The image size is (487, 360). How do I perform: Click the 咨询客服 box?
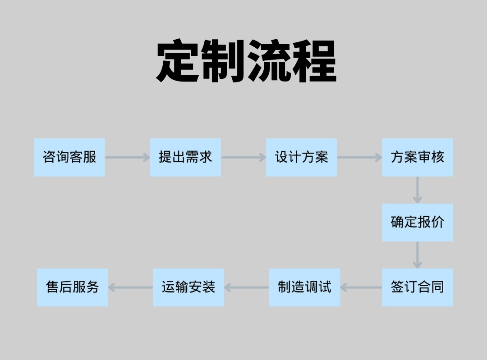[69, 157]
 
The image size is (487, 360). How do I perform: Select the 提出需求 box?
[185, 157]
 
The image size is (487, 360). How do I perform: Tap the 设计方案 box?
[301, 157]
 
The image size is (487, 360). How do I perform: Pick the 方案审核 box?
[418, 157]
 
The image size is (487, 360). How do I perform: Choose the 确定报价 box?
[418, 223]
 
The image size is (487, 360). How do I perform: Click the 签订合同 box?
[418, 287]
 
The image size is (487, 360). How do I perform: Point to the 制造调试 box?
[304, 287]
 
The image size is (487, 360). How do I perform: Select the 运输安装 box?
[188, 287]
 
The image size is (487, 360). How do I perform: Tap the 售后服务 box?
[72, 287]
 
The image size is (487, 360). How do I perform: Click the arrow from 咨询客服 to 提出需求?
[127, 157]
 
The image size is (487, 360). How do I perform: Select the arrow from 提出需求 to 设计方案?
[243, 157]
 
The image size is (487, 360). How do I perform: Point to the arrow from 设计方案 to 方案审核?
[359, 157]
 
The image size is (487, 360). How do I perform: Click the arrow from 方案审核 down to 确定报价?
[418, 190]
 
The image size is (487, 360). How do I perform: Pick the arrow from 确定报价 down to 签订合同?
[418, 255]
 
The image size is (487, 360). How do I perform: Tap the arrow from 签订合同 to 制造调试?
[361, 287]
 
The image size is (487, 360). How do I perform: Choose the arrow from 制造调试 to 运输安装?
[247, 287]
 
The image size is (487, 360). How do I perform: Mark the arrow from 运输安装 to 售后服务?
[130, 287]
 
